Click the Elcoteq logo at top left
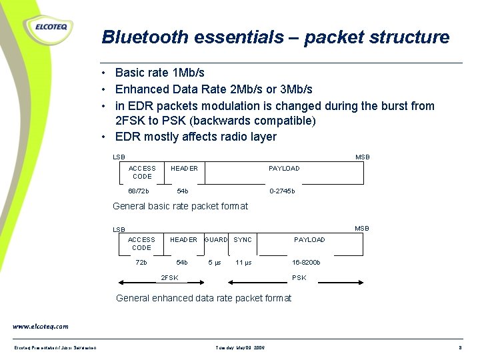tap(48, 28)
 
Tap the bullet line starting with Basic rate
tap(159, 73)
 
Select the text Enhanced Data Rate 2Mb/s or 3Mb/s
tap(213, 89)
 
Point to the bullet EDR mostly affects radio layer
tap(195, 137)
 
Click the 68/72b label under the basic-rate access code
tap(139, 191)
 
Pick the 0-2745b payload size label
tap(282, 191)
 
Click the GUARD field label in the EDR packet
tap(216, 239)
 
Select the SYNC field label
tap(243, 239)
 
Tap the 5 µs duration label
tap(215, 263)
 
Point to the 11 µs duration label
tap(243, 263)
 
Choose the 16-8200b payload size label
tap(306, 263)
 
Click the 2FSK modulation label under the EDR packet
tap(170, 278)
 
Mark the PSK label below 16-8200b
tap(299, 278)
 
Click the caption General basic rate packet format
tap(180, 207)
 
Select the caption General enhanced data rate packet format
tap(203, 298)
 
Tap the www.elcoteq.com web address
tap(40, 327)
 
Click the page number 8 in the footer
tap(460, 348)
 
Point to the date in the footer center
tap(241, 348)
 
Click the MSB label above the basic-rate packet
tap(362, 157)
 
